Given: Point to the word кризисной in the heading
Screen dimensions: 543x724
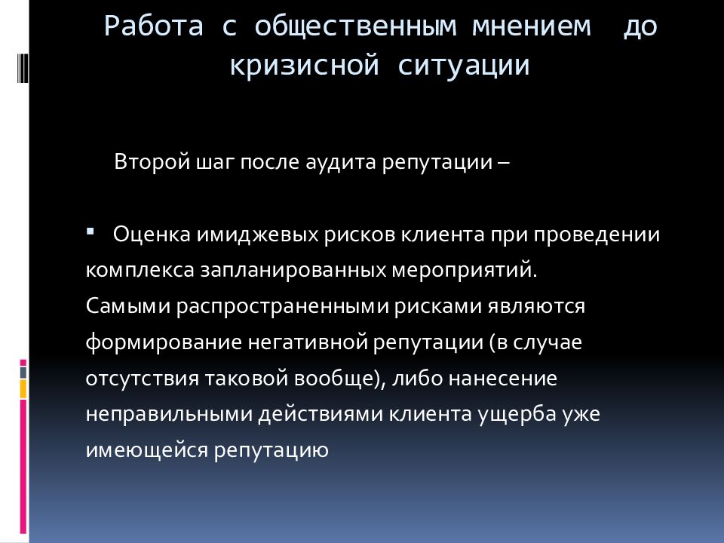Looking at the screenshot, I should [303, 65].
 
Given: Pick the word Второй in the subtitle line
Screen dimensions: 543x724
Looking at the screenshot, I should [144, 162].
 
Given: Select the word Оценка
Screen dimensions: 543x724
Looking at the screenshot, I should [152, 235].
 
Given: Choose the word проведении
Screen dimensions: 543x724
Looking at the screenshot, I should [598, 235].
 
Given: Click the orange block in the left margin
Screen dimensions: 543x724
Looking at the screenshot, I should [23, 388].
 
